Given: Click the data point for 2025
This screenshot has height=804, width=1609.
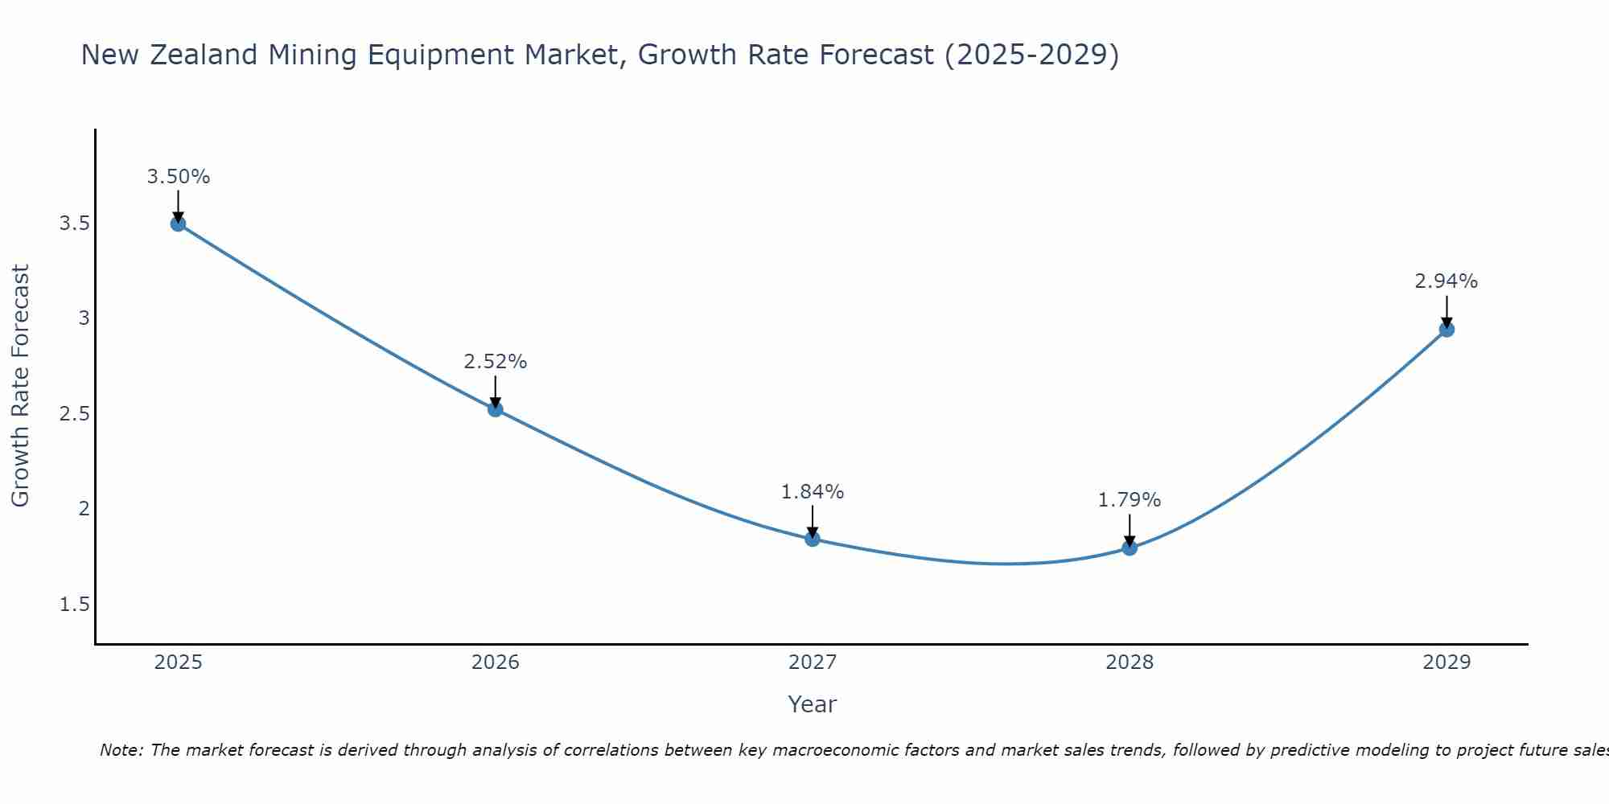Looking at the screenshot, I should click(179, 224).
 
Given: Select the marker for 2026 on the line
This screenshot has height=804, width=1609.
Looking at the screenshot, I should click(496, 409).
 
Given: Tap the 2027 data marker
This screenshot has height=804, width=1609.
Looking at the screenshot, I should click(813, 539).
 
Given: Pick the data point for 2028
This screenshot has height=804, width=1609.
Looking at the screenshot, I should click(1130, 548).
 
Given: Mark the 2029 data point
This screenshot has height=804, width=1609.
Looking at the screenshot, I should click(1446, 329).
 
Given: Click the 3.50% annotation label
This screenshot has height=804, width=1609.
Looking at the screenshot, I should click(179, 177).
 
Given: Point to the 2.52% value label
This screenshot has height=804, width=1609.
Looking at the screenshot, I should click(496, 362).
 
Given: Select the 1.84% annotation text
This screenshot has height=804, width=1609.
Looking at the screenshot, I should click(813, 491).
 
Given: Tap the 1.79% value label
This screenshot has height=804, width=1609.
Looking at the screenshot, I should click(1130, 500).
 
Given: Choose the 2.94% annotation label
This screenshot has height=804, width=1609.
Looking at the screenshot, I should click(1446, 281).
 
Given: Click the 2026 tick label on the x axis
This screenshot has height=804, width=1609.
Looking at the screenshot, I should click(496, 662).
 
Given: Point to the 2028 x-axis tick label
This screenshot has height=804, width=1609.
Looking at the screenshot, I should click(1130, 662).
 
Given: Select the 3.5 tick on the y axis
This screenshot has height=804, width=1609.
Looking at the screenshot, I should click(74, 224).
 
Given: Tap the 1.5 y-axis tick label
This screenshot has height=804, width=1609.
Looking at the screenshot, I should click(74, 605).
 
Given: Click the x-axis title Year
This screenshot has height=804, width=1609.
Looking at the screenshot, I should click(813, 704).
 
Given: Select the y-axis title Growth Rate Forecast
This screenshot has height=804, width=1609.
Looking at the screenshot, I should click(20, 386).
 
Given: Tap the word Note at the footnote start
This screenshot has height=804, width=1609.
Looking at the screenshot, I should click(121, 750).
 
